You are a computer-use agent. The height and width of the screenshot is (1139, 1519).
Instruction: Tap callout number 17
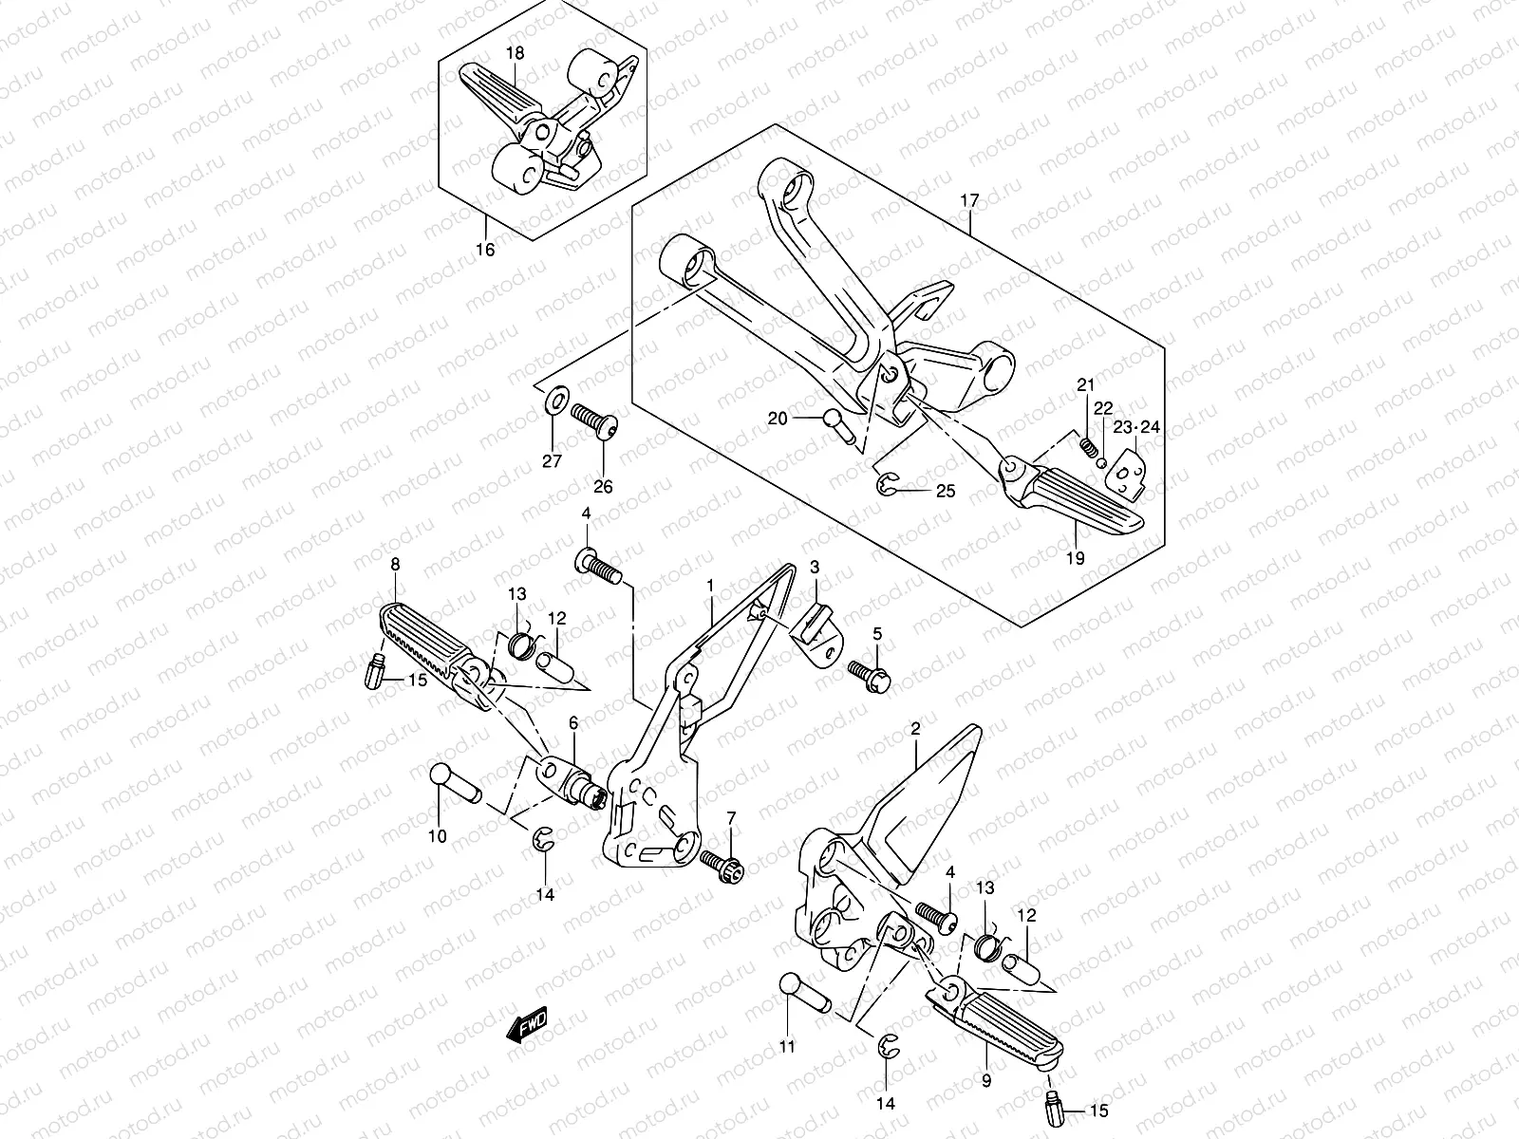(x=968, y=201)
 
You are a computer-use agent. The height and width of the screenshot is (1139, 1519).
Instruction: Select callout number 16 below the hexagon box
(x=485, y=251)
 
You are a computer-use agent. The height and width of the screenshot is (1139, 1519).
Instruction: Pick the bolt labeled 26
(x=596, y=419)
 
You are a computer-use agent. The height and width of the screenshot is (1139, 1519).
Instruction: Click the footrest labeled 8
(x=432, y=644)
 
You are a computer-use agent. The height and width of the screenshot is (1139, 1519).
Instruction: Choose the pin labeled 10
(x=456, y=783)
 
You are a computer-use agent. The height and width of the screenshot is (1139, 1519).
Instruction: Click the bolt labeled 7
(x=726, y=863)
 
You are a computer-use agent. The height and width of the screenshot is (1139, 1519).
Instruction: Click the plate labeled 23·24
(x=1127, y=469)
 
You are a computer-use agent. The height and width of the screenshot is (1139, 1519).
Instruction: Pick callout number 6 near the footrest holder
(x=572, y=723)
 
